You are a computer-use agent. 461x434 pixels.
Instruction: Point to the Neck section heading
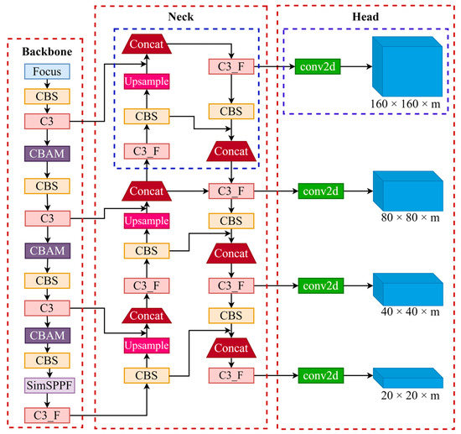click(181, 16)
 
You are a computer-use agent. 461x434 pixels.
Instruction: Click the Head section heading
click(365, 16)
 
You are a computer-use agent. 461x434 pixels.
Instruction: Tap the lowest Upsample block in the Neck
click(148, 345)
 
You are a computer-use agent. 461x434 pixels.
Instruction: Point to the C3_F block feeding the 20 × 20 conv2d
click(231, 374)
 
